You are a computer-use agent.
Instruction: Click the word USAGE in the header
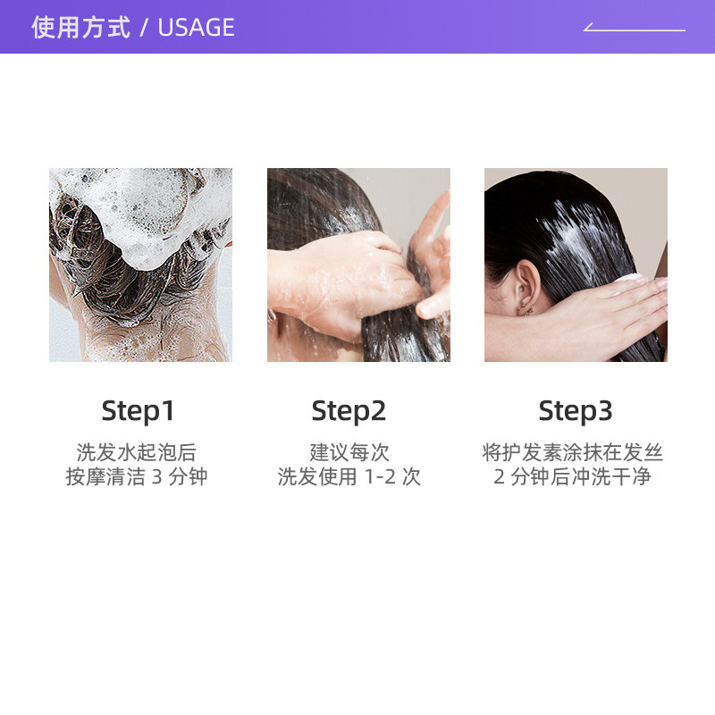pyautogui.click(x=196, y=28)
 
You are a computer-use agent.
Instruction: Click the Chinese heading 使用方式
pyautogui.click(x=80, y=28)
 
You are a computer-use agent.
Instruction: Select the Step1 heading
pyautogui.click(x=138, y=411)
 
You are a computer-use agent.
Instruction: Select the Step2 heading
pyautogui.click(x=349, y=411)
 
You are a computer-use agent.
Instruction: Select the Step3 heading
pyautogui.click(x=576, y=411)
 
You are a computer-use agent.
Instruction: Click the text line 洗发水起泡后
pyautogui.click(x=137, y=453)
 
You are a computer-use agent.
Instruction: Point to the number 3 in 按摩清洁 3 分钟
pyautogui.click(x=157, y=477)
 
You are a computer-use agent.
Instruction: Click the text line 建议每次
pyautogui.click(x=349, y=453)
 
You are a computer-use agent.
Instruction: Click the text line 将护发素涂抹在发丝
pyautogui.click(x=573, y=453)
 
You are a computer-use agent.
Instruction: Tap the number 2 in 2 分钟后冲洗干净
pyautogui.click(x=500, y=477)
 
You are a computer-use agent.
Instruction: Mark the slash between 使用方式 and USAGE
pyautogui.click(x=143, y=28)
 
